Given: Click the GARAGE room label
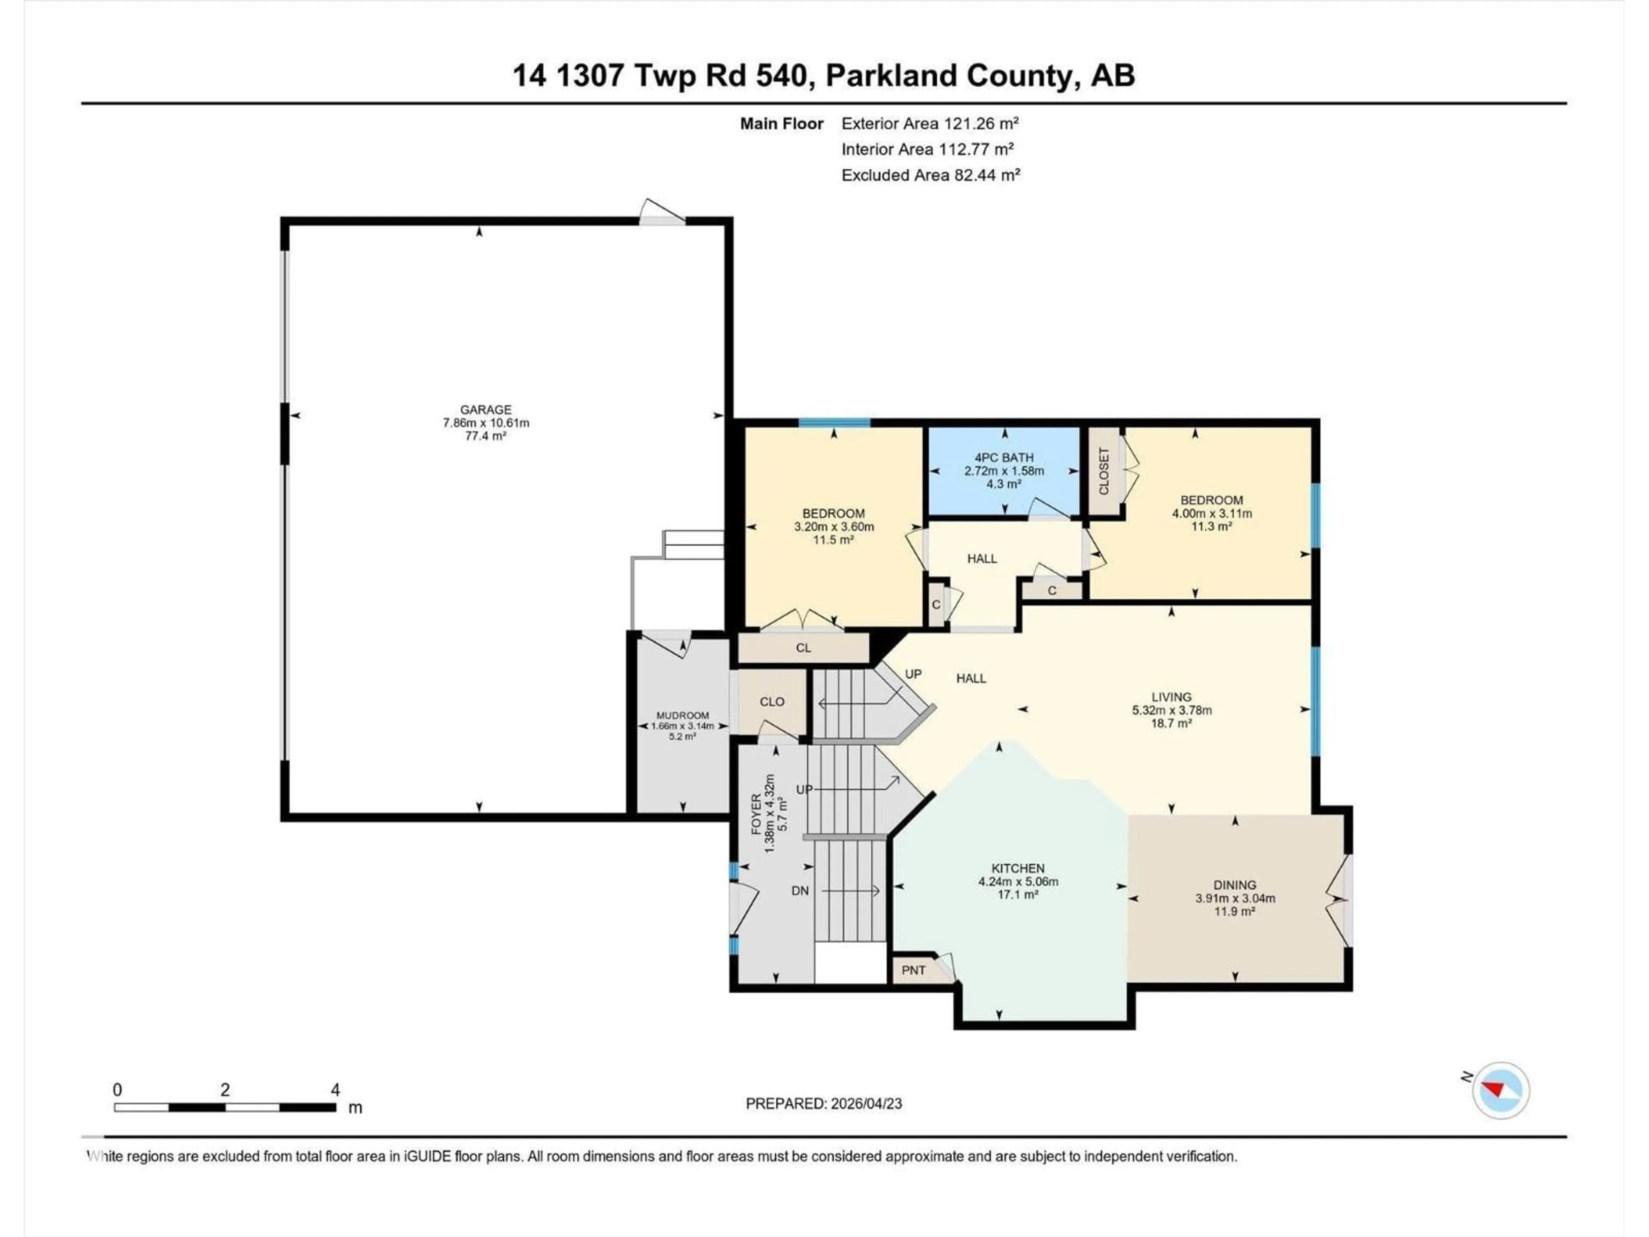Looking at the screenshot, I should click(485, 409).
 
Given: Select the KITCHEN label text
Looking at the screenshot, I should click(1018, 868).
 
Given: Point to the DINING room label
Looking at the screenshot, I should click(1235, 885).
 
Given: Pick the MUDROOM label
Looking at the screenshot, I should click(682, 715).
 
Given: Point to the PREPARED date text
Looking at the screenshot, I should click(824, 1103).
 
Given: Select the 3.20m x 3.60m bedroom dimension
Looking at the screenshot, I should click(834, 527).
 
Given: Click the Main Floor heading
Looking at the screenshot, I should click(781, 124).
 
